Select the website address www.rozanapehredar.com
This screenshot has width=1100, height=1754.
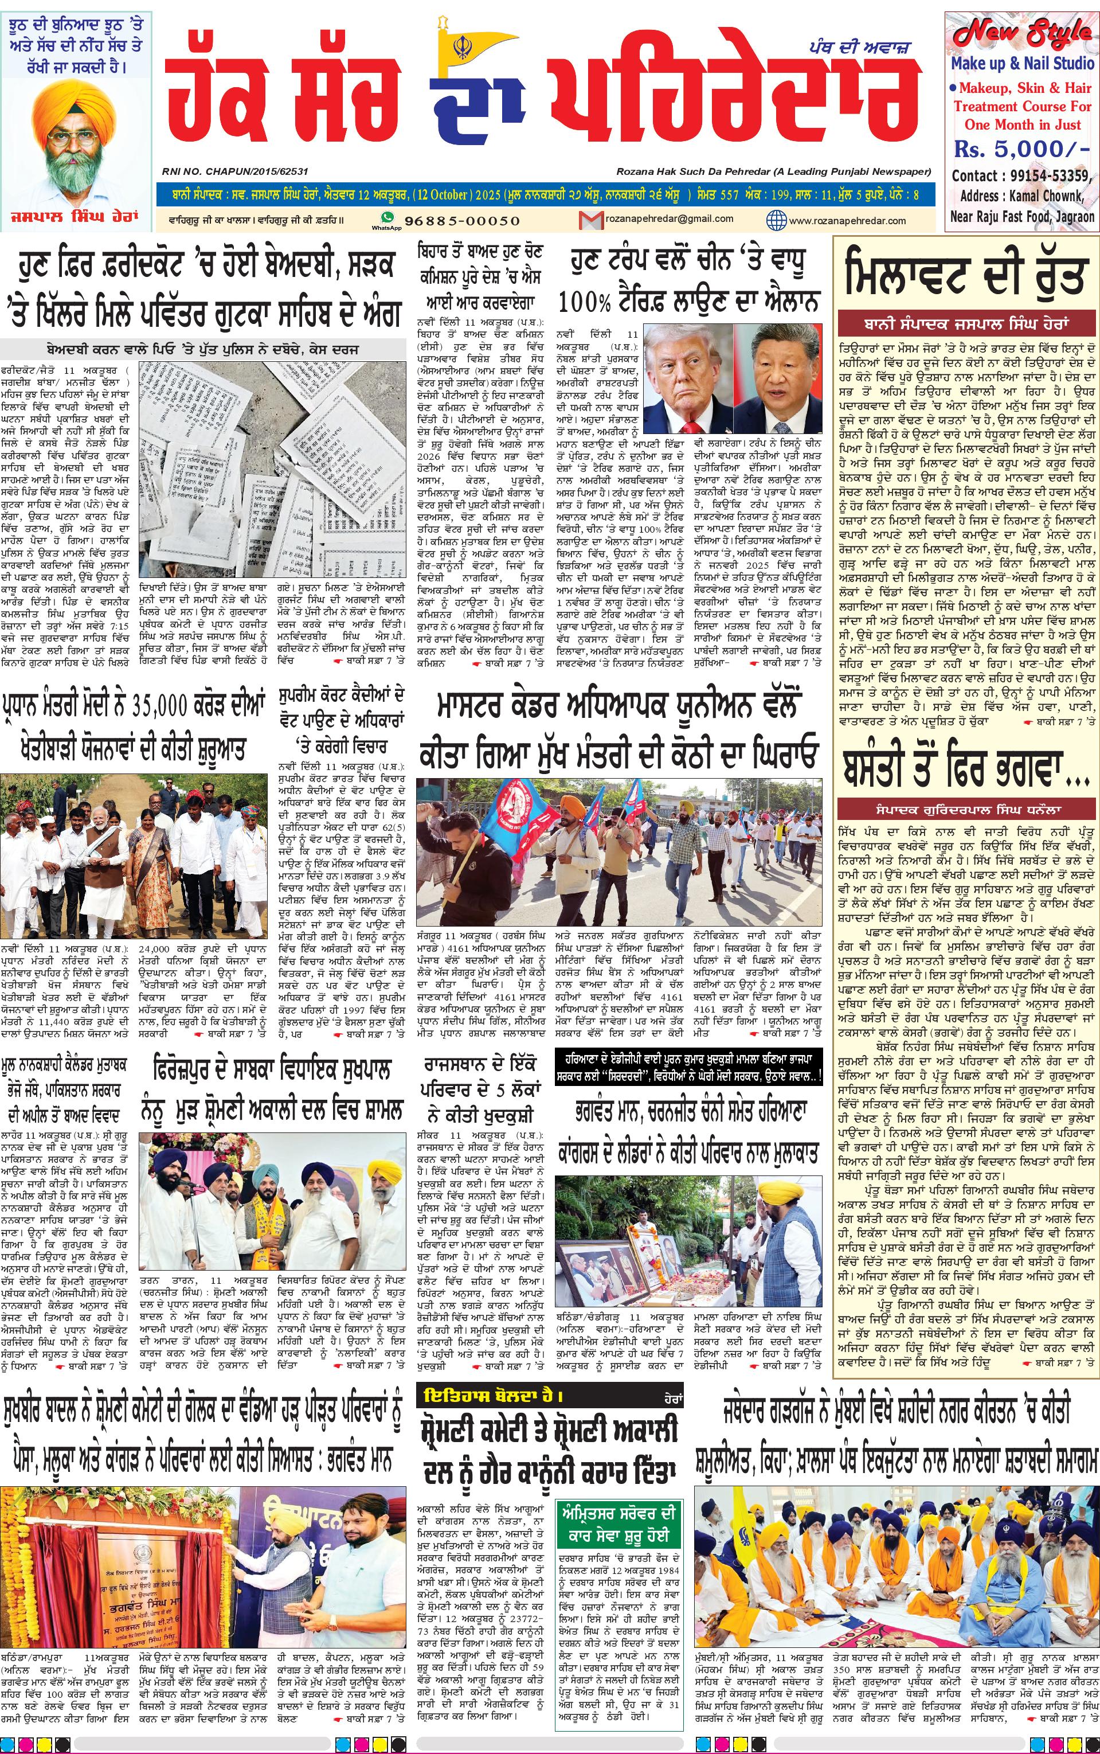click(847, 220)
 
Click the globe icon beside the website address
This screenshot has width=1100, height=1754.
click(777, 220)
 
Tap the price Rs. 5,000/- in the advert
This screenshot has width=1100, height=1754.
click(1021, 150)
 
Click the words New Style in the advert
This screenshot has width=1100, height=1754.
click(1022, 33)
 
